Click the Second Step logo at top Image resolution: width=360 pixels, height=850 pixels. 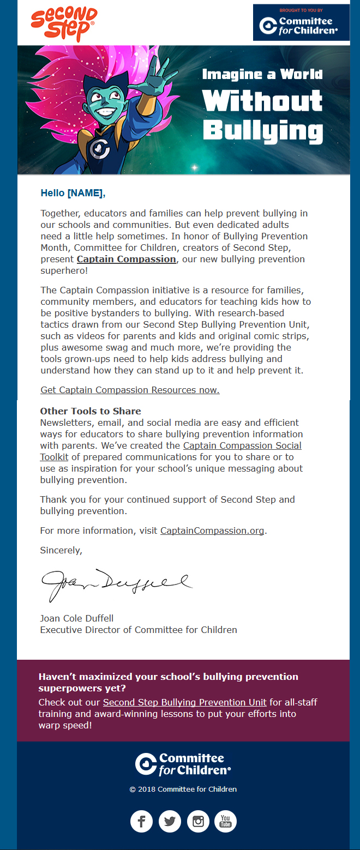64,24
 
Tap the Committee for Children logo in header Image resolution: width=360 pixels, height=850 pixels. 301,22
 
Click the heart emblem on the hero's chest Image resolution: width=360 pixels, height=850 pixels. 99,147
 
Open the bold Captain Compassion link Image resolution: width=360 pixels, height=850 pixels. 126,259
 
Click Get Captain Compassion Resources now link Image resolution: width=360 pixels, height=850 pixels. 130,390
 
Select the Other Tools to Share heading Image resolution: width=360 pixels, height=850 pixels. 91,411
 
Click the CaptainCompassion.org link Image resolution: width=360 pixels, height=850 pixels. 212,531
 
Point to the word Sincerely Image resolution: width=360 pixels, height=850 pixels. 61,550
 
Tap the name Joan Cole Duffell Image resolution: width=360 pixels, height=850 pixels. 77,618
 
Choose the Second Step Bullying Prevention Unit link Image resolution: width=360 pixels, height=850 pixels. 184,702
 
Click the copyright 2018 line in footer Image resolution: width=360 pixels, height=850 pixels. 183,789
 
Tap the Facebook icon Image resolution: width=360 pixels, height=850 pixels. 141,821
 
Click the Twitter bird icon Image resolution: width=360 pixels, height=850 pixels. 170,821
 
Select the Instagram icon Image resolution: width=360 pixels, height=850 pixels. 198,821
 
